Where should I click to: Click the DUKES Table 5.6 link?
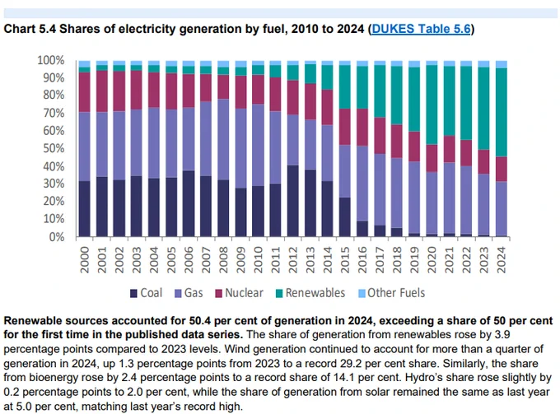[x=421, y=29]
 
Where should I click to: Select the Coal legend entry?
[x=146, y=293]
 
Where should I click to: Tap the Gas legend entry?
[x=189, y=293]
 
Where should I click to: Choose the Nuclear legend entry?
[x=240, y=293]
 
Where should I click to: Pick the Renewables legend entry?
[x=310, y=293]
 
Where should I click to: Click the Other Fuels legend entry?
[x=392, y=293]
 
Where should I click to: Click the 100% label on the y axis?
[x=51, y=60]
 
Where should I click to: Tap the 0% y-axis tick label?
[x=57, y=236]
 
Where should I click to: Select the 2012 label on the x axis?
[x=293, y=260]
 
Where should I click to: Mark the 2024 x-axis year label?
[x=502, y=260]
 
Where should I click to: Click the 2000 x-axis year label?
[x=84, y=260]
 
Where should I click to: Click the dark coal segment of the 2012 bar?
[x=293, y=201]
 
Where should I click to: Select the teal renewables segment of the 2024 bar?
[x=502, y=113]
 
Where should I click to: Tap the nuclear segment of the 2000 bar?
[x=84, y=92]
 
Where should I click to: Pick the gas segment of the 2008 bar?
[x=223, y=140]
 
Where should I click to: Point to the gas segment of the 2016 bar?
[x=362, y=184]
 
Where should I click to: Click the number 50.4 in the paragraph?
[x=200, y=321]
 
